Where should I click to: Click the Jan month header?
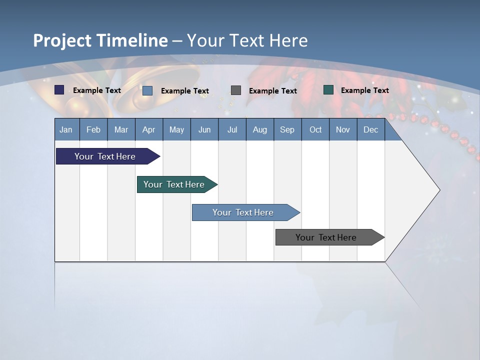tap(66, 130)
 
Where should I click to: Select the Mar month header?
tap(121, 130)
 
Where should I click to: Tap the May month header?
tap(176, 130)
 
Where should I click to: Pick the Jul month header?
tap(232, 130)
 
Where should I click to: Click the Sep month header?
tap(287, 130)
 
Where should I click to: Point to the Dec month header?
tap(370, 130)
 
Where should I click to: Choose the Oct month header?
tap(315, 130)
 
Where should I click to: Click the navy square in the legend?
tap(59, 90)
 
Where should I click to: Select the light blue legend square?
tap(147, 90)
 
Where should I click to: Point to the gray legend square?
tap(236, 90)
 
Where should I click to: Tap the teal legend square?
tap(328, 90)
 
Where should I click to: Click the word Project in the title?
tap(62, 41)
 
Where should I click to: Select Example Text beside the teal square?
tap(364, 90)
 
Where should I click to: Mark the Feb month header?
tap(93, 130)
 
